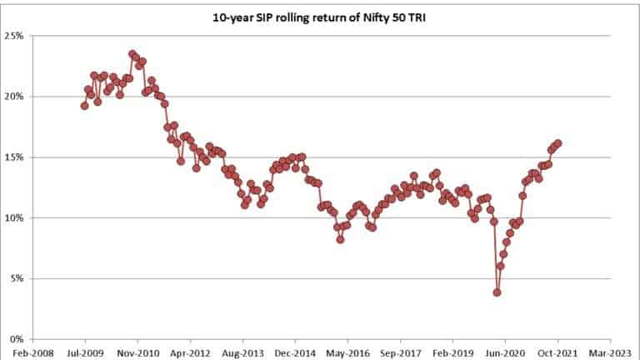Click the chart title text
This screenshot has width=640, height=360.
321,15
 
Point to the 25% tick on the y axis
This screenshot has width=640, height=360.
16,36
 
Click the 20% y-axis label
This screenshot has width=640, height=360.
16,97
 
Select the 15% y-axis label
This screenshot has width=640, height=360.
16,157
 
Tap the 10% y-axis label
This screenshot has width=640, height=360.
16,218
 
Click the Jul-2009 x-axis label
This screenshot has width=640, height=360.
85,352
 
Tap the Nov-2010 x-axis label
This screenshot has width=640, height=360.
137,352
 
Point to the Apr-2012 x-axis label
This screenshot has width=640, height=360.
190,352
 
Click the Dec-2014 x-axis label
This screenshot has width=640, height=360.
295,352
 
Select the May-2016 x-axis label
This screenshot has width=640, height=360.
347,352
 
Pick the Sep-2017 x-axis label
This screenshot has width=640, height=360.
400,352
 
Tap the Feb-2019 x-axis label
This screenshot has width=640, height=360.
452,352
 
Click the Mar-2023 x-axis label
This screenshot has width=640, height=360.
610,352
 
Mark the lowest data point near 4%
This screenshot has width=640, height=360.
497,292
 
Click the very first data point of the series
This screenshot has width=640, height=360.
84,106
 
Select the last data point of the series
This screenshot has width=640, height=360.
558,143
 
